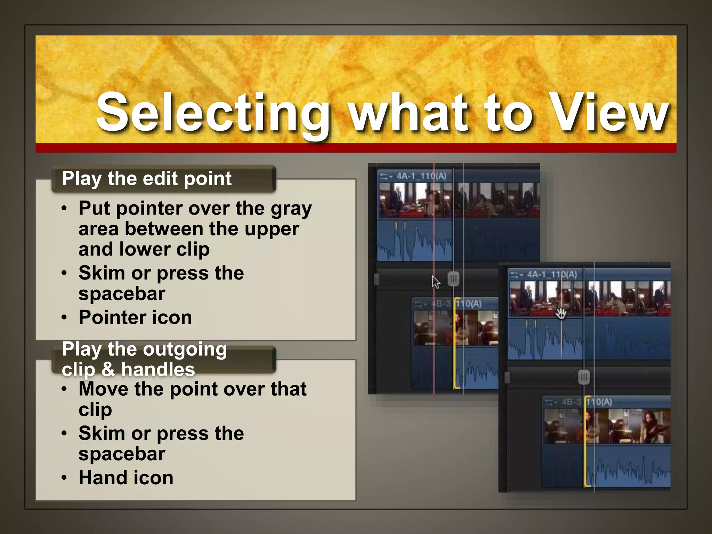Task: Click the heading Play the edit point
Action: (146, 179)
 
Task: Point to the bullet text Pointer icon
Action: (135, 317)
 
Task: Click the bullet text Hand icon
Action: (126, 478)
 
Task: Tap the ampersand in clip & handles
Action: (108, 369)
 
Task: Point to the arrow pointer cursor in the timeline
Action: (435, 282)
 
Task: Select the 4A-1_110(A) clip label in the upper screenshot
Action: (421, 176)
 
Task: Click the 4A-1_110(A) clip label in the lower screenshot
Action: (552, 275)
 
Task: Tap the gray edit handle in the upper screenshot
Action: (453, 279)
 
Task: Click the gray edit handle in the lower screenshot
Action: (584, 377)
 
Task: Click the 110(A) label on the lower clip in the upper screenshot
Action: (469, 304)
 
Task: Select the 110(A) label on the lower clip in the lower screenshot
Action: (599, 402)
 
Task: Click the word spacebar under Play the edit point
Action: (122, 294)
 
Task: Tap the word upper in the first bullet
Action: (272, 229)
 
